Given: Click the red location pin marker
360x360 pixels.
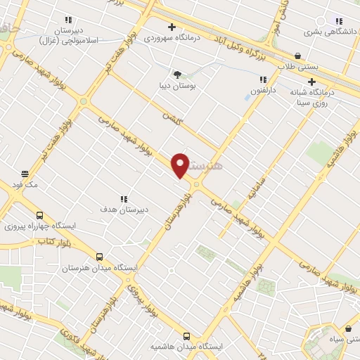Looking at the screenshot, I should pos(181,165).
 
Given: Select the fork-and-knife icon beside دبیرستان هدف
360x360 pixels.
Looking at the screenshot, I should pos(124,199).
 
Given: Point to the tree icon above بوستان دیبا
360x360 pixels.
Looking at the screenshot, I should pos(177,74).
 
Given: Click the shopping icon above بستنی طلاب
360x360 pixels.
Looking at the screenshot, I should pos(297,56).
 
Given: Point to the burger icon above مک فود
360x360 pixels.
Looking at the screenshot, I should pos(25,174).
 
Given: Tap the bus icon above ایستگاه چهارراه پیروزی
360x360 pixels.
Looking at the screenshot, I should pos(39,216).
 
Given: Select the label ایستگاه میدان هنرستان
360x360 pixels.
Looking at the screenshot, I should pos(99,268).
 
